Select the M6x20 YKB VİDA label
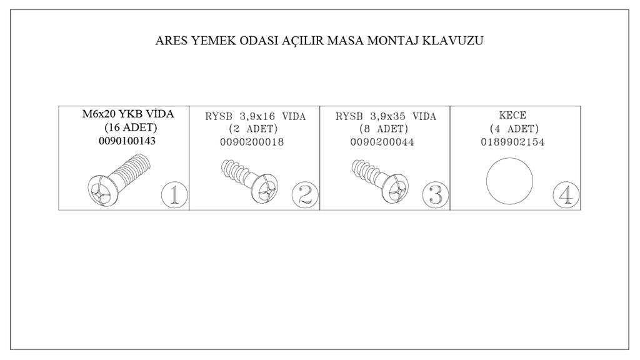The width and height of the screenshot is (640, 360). click(128, 114)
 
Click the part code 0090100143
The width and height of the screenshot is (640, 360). click(127, 141)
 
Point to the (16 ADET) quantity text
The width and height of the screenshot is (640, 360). click(131, 127)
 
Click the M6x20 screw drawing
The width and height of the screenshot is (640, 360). click(119, 180)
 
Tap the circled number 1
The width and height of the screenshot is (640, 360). click(175, 195)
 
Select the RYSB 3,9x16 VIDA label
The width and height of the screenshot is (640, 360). click(256, 117)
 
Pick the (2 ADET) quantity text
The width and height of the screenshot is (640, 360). click(254, 129)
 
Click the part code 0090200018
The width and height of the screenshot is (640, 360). click(252, 142)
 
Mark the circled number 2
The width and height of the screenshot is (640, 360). click(305, 195)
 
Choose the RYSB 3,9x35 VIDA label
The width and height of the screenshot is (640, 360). click(386, 117)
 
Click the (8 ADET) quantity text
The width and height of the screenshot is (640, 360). click(384, 129)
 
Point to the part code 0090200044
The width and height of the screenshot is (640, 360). click(382, 142)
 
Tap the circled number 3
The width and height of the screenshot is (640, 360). click(436, 195)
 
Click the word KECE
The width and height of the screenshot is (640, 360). click(512, 116)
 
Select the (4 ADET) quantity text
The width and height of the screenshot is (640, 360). click(514, 129)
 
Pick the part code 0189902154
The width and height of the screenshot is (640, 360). click(512, 142)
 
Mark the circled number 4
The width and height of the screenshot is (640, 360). click(566, 195)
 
